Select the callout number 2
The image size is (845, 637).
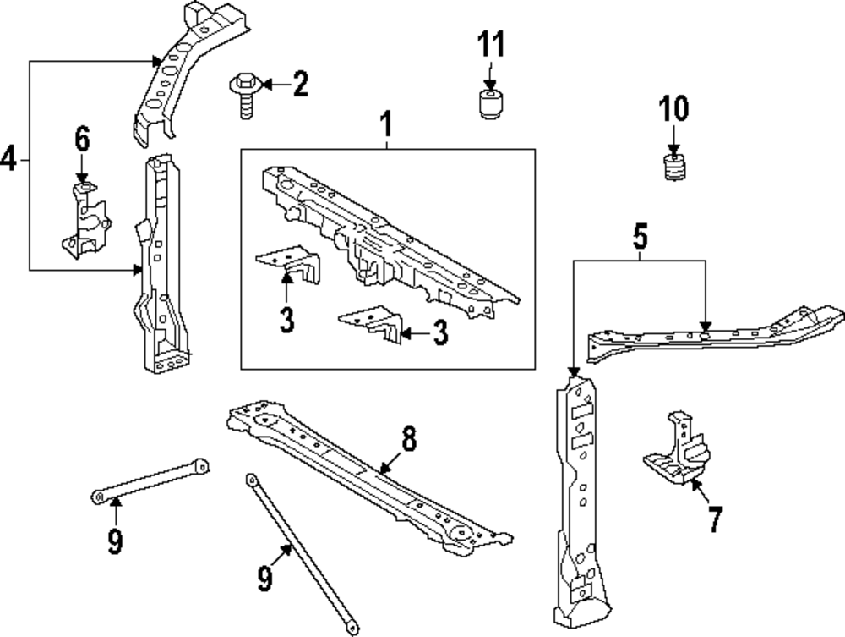point(299,84)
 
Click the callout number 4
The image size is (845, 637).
point(9,158)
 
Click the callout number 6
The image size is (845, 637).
point(81,138)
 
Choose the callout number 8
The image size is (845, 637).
point(408,438)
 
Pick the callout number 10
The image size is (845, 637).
point(673,108)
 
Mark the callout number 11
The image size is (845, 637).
point(492,43)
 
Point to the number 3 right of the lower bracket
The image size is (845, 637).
point(439,333)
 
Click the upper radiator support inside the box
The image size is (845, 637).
point(389,237)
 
